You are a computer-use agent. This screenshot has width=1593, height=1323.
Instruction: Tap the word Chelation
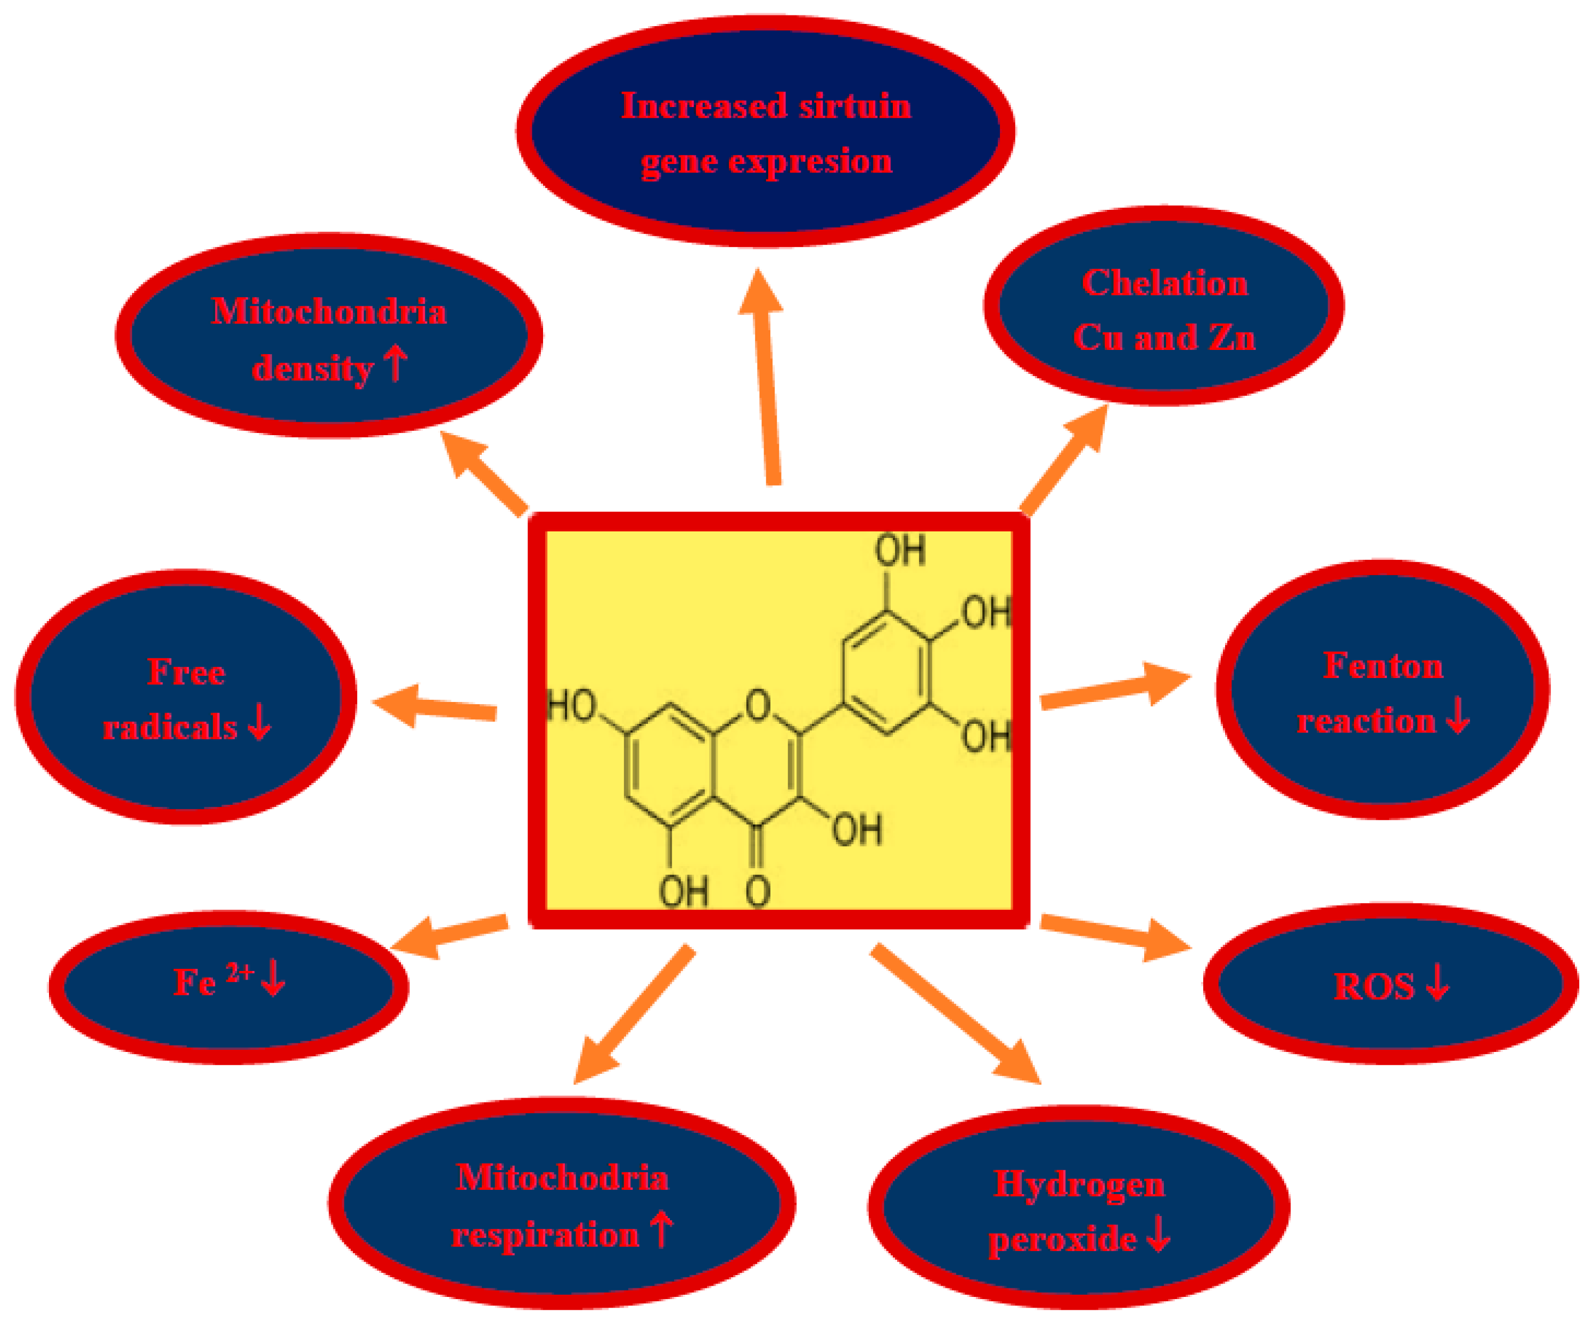pos(1164,283)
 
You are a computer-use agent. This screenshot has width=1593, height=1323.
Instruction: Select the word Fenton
pos(1383,666)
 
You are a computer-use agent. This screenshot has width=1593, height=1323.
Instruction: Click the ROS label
pos(1374,987)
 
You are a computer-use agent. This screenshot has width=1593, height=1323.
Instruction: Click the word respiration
pos(545,1236)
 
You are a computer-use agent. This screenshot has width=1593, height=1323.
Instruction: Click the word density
pos(312,370)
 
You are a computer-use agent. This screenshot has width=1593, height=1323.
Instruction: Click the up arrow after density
pos(395,364)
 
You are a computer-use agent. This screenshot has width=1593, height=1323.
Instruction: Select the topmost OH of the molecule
pos(900,550)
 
